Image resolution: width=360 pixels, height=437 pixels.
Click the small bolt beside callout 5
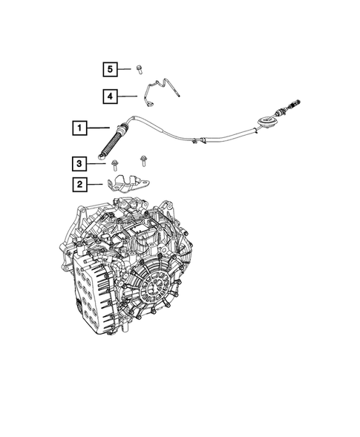click(x=140, y=68)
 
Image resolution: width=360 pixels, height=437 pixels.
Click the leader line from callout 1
click(x=99, y=128)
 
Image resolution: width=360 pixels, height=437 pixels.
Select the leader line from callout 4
click(x=128, y=96)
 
